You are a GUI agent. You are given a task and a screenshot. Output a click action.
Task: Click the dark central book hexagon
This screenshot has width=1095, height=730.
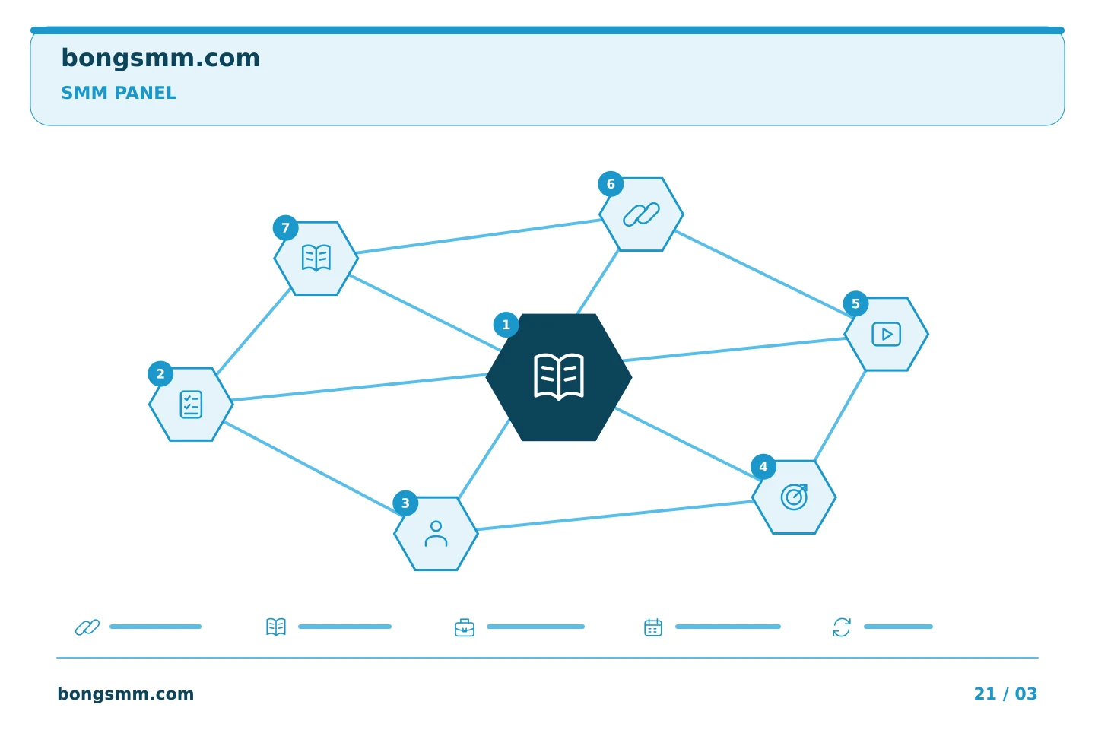click(559, 377)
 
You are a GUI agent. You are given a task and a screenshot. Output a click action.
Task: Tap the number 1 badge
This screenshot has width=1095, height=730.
click(506, 325)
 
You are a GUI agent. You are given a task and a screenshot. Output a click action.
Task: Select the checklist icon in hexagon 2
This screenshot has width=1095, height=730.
click(191, 405)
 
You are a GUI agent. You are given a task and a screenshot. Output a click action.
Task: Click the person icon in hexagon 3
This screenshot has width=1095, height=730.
click(436, 534)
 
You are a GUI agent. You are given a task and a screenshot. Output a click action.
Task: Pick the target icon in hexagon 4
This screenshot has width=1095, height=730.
click(794, 497)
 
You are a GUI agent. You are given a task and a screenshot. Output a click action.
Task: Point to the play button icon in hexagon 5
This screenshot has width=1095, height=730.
click(887, 334)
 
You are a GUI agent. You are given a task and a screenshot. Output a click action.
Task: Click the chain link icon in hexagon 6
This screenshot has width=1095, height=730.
click(641, 214)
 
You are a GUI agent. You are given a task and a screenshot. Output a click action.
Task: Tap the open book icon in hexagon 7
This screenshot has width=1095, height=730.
click(316, 258)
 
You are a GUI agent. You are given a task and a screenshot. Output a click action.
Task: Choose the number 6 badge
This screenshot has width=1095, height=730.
click(611, 184)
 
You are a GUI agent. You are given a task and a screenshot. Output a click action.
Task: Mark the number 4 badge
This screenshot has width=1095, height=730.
click(763, 467)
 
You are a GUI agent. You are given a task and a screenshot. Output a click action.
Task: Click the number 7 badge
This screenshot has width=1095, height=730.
click(285, 228)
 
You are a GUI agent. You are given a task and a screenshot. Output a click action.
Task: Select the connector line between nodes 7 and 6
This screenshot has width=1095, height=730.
click(480, 236)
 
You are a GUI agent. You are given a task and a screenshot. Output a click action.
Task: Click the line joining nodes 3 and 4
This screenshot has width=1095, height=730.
click(615, 516)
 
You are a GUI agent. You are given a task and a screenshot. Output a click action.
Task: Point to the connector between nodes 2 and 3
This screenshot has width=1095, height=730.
click(313, 468)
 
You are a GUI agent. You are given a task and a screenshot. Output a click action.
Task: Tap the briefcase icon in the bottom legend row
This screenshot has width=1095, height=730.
click(465, 627)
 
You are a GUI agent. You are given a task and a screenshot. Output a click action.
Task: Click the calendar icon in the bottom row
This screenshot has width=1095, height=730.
click(653, 627)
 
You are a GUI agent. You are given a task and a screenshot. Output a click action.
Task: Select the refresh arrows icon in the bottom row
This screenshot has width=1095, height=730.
click(841, 627)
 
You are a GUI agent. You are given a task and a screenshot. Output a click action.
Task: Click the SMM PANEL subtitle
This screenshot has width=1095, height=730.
click(119, 93)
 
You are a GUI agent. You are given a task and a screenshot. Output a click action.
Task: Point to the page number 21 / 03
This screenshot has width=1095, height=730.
click(1005, 693)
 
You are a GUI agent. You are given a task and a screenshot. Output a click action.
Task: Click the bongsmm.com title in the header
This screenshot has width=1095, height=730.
click(160, 59)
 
